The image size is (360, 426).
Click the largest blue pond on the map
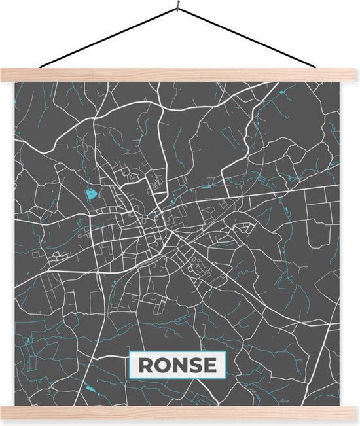click(x=90, y=194)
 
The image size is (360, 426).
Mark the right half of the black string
click(x=249, y=38)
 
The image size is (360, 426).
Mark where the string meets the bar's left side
click(x=41, y=67)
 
